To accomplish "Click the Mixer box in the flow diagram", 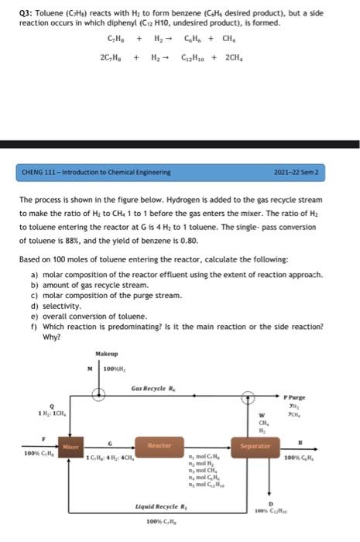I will (x=69, y=448).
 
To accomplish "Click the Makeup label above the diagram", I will (x=97, y=354).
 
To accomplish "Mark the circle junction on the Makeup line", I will (x=98, y=393).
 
